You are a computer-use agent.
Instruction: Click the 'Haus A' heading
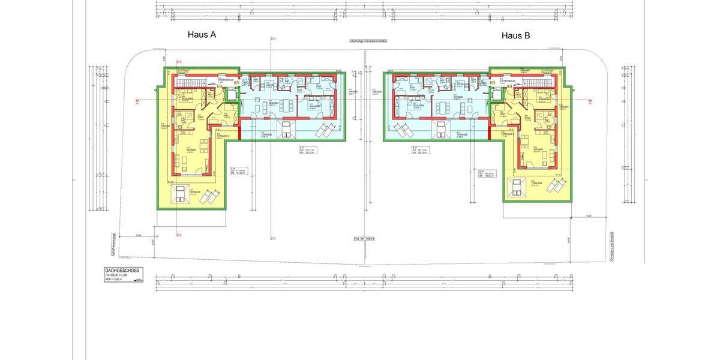pyautogui.click(x=202, y=35)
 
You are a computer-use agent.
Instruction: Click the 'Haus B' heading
pyautogui.click(x=515, y=36)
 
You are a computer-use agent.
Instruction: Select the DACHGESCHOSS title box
pyautogui.click(x=123, y=275)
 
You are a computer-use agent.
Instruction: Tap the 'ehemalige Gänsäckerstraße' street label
pyautogui.click(x=368, y=41)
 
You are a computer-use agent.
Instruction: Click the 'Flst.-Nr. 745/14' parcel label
pyautogui.click(x=364, y=238)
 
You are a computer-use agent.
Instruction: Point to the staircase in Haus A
pyautogui.click(x=190, y=82)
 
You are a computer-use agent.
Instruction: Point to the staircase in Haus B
pyautogui.click(x=538, y=82)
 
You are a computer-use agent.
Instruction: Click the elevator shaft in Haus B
pyautogui.click(x=497, y=95)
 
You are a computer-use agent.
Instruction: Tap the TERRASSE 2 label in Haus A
pyautogui.click(x=223, y=136)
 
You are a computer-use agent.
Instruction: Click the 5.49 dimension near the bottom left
pyautogui.click(x=139, y=235)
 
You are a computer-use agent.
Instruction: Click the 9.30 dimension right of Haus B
pyautogui.click(x=589, y=215)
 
